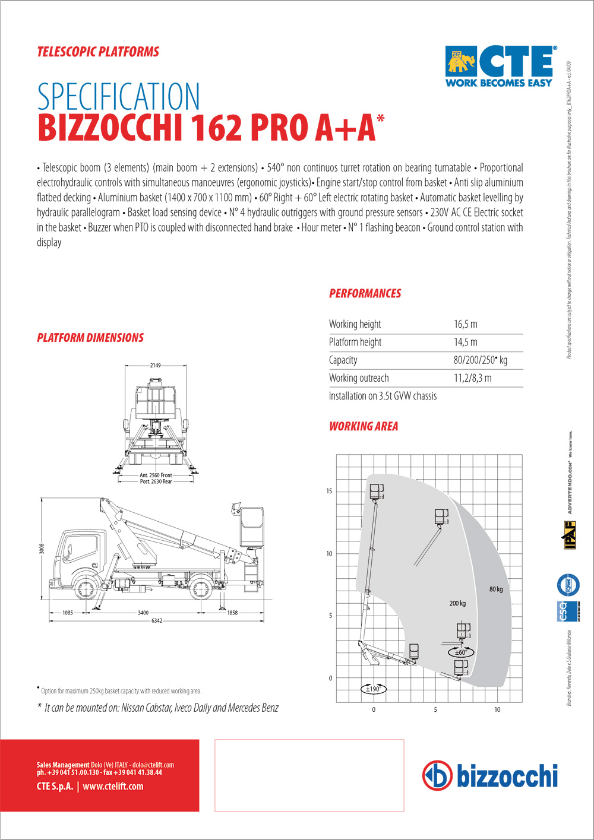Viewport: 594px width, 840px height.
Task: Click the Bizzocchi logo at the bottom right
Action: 490,776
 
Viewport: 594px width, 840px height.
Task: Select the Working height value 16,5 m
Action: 465,324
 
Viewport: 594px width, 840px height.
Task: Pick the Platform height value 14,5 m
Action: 465,342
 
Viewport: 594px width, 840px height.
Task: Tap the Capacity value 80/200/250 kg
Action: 480,360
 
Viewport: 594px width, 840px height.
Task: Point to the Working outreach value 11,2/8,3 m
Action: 472,378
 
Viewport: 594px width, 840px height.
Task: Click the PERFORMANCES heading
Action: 365,293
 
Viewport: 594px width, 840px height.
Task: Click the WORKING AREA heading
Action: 364,426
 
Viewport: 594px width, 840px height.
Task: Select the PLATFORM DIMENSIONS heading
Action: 90,338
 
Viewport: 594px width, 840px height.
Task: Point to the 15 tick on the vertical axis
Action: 329,492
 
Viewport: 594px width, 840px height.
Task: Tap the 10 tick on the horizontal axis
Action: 497,709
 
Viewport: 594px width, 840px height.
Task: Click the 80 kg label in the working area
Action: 496,589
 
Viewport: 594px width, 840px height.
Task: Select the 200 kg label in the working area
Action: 457,604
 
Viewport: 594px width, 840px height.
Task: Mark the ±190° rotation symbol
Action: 373,689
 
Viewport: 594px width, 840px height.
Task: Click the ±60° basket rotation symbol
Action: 460,652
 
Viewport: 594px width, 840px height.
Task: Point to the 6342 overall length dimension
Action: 156,621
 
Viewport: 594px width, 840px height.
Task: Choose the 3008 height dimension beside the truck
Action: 42,549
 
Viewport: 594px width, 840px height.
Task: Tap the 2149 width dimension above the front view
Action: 155,366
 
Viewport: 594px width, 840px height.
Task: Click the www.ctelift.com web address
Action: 113,787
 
